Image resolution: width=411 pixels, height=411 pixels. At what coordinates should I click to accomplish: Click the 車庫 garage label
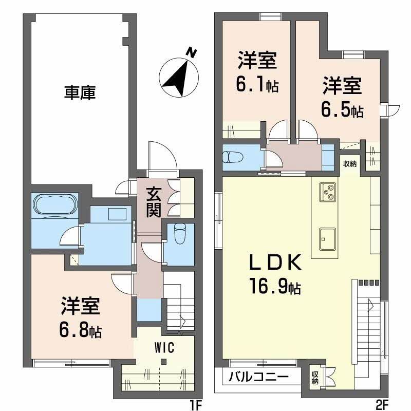(80, 94)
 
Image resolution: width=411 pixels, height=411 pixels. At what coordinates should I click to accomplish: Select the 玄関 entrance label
(154, 201)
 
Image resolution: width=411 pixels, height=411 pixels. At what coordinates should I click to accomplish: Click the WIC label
(164, 347)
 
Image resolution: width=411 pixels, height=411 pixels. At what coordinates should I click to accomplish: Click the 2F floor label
(381, 405)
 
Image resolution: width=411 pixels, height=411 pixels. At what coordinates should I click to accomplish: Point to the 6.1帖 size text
(257, 85)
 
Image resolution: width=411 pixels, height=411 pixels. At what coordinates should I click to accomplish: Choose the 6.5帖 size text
(343, 110)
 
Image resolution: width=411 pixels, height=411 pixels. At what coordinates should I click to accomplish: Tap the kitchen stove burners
(328, 192)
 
